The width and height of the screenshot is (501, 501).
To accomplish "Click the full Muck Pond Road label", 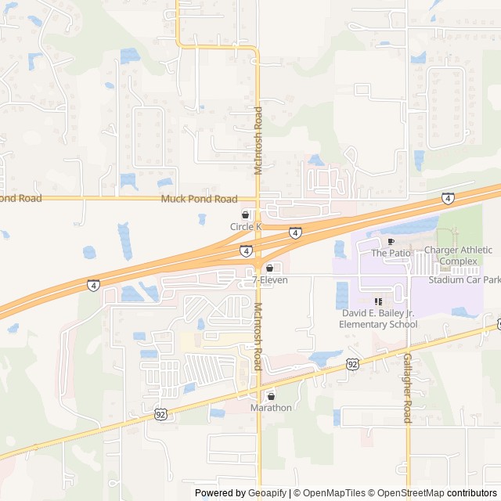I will tap(199, 199).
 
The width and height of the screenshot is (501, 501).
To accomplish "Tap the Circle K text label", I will tap(245, 227).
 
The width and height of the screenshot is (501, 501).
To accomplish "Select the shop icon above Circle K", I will tap(245, 214).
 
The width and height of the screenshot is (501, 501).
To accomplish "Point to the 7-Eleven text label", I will tap(270, 279).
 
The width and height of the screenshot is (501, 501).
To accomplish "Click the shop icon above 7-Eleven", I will tap(270, 268).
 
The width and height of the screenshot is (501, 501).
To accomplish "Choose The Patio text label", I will tap(390, 253).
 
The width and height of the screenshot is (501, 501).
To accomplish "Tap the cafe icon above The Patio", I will tap(391, 242).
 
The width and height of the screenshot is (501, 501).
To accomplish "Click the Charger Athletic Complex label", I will tap(458, 255).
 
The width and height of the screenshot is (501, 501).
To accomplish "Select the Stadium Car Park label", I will tap(464, 279).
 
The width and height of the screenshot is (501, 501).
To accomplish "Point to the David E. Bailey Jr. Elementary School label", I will tap(378, 319).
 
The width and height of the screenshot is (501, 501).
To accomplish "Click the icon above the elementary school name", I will tap(378, 301).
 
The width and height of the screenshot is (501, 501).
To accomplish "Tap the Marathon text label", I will tap(271, 408).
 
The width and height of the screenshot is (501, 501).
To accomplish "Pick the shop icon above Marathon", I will tap(271, 396).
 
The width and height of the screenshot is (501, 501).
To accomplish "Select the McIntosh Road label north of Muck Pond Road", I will tap(258, 141).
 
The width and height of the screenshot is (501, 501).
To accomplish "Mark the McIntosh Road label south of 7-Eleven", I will tap(257, 337).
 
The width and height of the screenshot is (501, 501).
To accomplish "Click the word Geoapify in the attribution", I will tap(268, 493).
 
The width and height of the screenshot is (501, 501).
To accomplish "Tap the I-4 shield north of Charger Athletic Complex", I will tap(447, 199).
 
